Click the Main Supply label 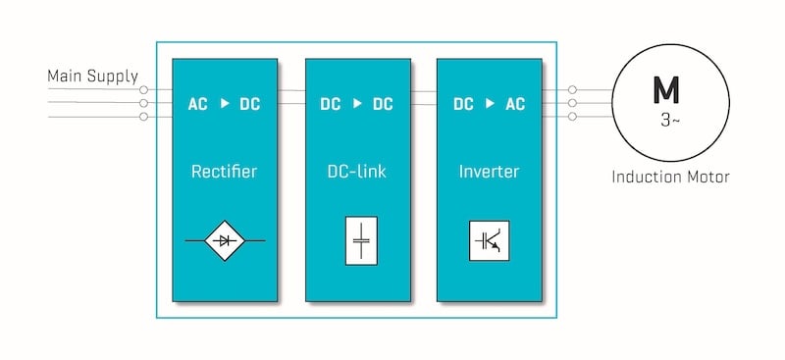click(93, 77)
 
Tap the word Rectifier click(225, 172)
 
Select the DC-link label click(357, 172)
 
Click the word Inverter click(489, 172)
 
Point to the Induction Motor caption click(670, 178)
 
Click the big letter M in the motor click(665, 90)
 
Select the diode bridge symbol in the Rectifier click(225, 239)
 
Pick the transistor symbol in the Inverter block click(489, 239)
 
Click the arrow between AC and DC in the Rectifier click(225, 103)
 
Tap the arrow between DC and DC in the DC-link click(357, 103)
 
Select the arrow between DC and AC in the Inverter click(490, 103)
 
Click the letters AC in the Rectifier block click(198, 103)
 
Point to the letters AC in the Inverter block click(515, 103)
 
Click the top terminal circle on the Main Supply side click(144, 88)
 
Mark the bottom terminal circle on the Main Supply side click(144, 117)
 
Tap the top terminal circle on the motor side click(572, 88)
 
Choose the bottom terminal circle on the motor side click(572, 117)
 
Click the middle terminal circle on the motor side click(572, 102)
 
